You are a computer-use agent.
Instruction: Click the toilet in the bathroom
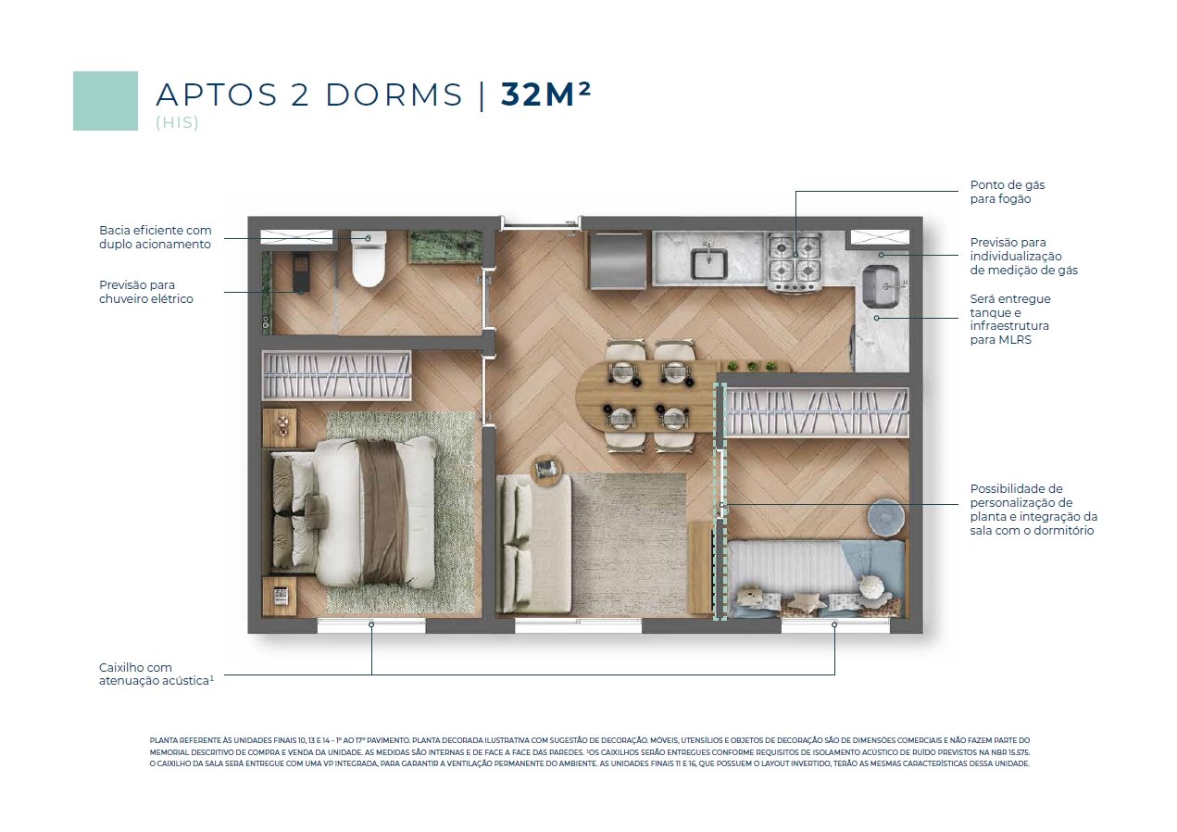(369, 258)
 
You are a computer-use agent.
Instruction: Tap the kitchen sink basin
(708, 264)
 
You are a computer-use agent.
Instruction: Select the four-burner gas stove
(794, 261)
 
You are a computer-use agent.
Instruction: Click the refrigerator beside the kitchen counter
(618, 260)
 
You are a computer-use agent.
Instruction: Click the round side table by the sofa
(548, 471)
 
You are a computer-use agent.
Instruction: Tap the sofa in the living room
(533, 543)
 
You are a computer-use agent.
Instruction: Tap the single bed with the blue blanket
(817, 578)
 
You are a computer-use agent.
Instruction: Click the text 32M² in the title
(545, 95)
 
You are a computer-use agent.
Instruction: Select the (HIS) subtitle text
(177, 122)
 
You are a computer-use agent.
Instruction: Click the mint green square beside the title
(106, 101)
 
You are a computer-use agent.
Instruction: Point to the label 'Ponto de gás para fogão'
(1007, 192)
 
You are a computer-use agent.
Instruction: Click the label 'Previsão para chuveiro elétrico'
(146, 292)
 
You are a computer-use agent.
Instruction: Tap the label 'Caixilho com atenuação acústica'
(157, 674)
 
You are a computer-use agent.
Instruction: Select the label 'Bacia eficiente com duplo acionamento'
(155, 237)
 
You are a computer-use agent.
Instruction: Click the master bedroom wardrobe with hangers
(336, 375)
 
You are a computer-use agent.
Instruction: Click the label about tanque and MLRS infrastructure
(1010, 319)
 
